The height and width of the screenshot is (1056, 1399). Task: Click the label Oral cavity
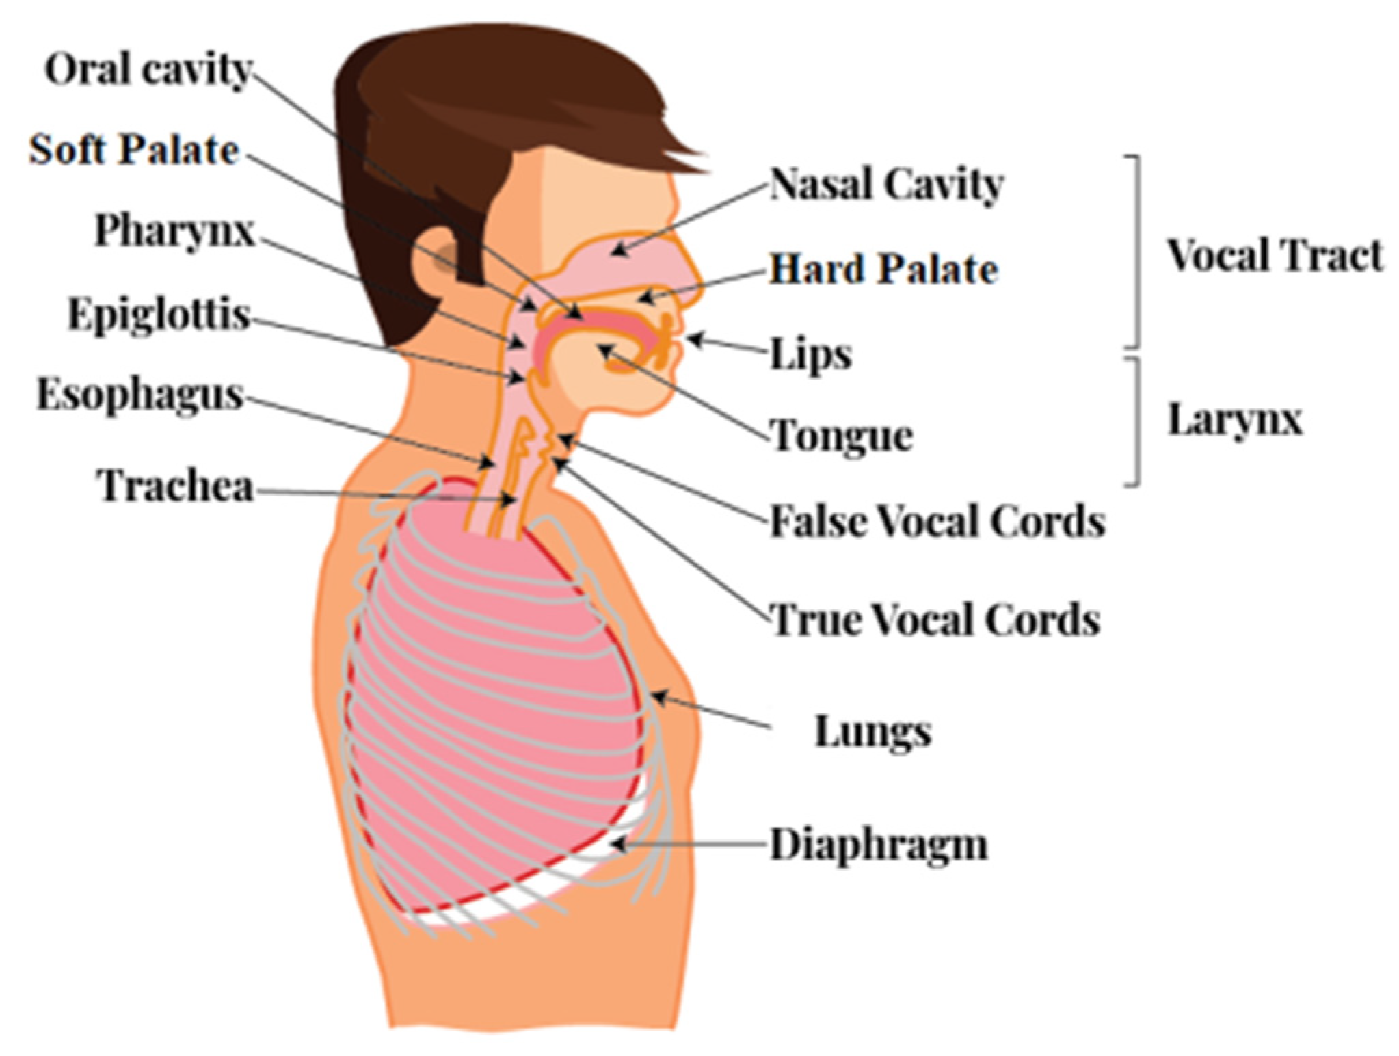[x=148, y=70]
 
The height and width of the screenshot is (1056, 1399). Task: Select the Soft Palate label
[x=134, y=150]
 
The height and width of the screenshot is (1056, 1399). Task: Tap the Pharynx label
[x=174, y=230]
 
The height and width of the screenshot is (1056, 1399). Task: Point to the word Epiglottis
[x=159, y=315]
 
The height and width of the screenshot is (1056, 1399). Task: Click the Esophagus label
[x=139, y=395]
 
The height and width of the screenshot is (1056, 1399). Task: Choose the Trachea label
[x=176, y=486]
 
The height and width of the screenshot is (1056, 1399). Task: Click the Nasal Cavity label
[x=886, y=185]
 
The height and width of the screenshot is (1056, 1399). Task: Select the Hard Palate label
[x=883, y=269]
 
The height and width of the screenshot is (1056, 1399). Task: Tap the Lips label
[x=811, y=354]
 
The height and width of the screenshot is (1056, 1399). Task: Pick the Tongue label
[x=842, y=436]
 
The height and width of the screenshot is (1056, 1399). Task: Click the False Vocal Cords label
[x=937, y=522]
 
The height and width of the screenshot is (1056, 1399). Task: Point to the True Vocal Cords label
[x=935, y=620]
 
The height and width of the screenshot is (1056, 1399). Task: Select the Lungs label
[x=872, y=732]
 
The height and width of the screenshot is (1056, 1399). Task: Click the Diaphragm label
[x=879, y=845]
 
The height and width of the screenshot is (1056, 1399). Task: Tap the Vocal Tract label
[x=1274, y=256]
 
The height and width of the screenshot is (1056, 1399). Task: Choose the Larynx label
[x=1234, y=419]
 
